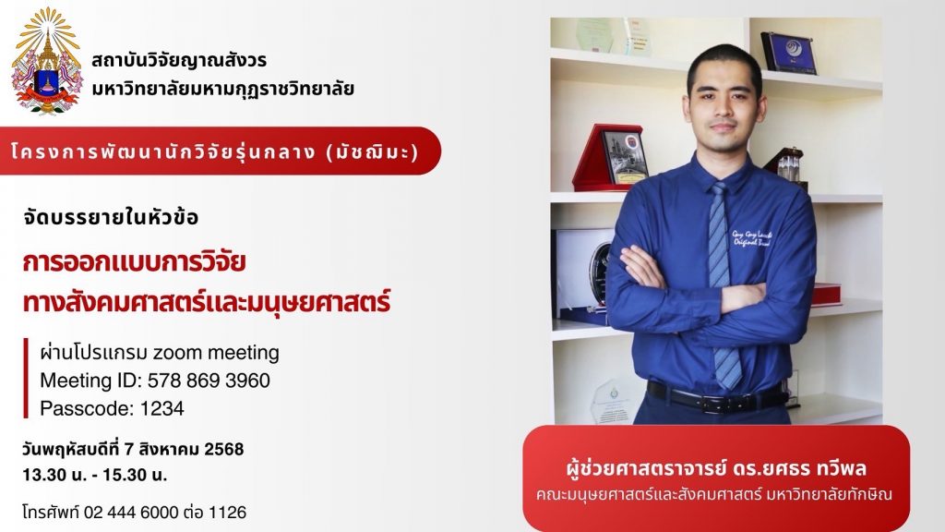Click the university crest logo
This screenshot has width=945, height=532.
[46, 60]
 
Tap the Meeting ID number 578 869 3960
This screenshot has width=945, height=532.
[209, 381]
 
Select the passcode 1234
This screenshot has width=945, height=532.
[162, 408]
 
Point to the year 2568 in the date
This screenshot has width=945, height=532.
[224, 450]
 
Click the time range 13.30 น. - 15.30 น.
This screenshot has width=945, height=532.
[95, 475]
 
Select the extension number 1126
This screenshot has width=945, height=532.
[227, 512]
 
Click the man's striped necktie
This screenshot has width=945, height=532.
[722, 284]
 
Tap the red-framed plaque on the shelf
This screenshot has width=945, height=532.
[609, 157]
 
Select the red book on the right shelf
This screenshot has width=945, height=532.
[826, 294]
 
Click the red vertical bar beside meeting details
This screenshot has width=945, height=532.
[25, 378]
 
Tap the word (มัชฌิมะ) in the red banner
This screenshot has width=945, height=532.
[372, 151]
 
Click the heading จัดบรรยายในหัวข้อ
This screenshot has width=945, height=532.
[111, 217]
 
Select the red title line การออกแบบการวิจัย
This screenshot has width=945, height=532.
[134, 263]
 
